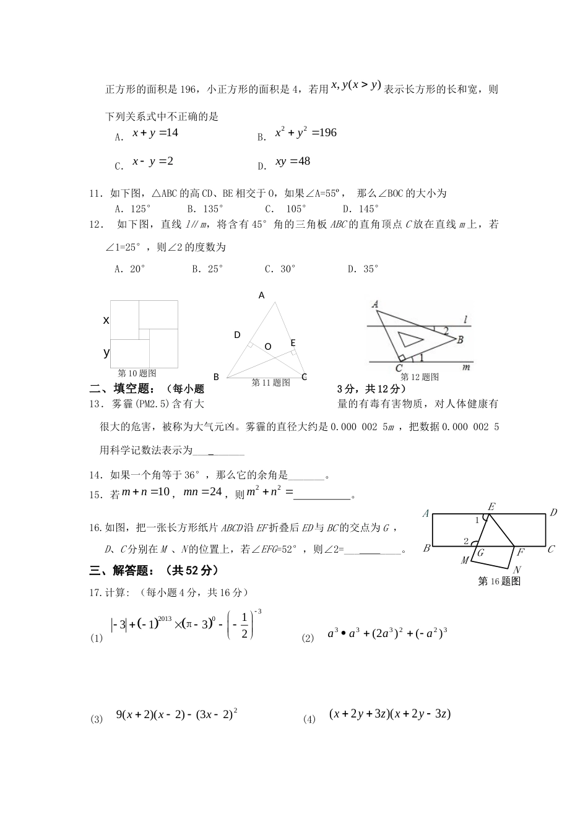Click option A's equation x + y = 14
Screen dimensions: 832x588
click(155, 133)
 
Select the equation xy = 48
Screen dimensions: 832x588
click(293, 162)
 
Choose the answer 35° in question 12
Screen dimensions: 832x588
click(363, 269)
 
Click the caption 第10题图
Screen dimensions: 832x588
click(137, 373)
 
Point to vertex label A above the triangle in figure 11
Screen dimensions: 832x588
click(262, 296)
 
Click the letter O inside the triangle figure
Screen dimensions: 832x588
click(268, 347)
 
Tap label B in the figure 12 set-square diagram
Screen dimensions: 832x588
click(460, 339)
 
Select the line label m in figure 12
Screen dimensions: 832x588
click(466, 367)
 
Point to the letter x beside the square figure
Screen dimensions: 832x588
click(106, 320)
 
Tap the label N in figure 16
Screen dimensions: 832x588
click(517, 569)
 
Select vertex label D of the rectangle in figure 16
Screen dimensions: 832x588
click(554, 513)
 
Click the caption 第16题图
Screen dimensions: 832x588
click(499, 581)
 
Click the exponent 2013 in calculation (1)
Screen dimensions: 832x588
click(164, 618)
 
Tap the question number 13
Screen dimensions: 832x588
click(95, 404)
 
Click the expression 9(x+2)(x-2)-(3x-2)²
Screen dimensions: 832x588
click(177, 714)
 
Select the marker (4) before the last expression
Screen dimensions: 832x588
click(309, 719)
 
